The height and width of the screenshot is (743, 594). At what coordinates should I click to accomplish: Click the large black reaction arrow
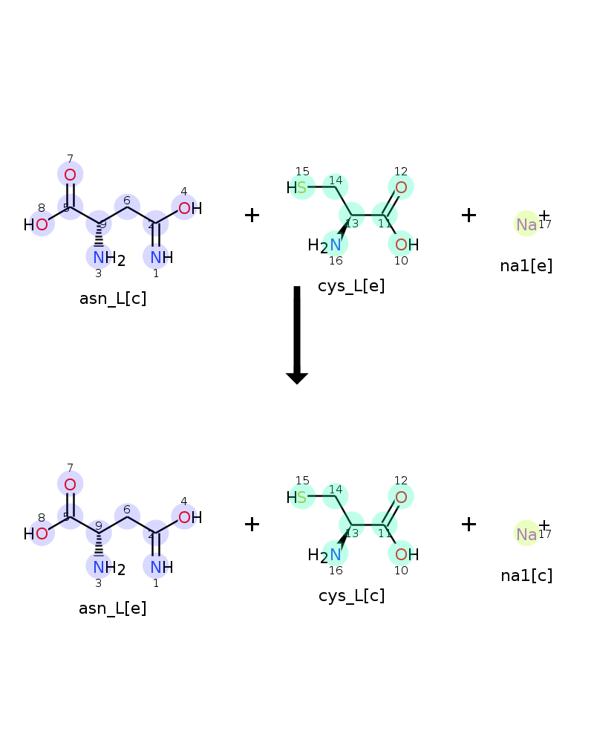coord(297,334)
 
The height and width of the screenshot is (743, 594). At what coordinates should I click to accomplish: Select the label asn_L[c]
coord(113,299)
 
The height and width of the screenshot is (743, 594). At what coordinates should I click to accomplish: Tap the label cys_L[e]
coord(351,286)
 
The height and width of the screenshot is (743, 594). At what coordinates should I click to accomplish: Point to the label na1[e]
coord(526,266)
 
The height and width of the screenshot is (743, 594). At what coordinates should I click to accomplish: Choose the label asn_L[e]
coord(113,608)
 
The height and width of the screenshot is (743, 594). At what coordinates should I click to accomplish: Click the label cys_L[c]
coord(351,596)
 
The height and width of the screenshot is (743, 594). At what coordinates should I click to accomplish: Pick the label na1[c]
coord(526,576)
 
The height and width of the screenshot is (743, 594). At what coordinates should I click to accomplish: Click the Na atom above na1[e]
coord(526,224)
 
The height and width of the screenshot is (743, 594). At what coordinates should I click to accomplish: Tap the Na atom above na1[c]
coord(526,534)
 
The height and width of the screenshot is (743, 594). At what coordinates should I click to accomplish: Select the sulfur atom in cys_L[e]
coord(301,188)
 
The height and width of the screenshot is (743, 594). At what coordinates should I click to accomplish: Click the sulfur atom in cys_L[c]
coord(301,497)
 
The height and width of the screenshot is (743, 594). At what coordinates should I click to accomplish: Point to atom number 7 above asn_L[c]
coord(70,175)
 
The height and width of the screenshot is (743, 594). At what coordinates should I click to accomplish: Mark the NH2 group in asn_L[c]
coord(109,259)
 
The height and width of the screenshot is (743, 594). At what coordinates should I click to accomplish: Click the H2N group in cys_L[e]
coord(324,245)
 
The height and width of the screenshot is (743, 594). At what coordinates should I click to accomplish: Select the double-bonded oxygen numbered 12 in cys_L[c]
coord(401,497)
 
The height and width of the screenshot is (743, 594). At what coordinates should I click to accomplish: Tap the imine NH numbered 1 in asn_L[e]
coord(162,567)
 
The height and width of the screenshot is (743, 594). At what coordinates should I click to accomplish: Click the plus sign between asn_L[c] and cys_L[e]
coord(252,215)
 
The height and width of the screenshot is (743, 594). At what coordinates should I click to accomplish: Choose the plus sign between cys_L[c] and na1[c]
coord(469,524)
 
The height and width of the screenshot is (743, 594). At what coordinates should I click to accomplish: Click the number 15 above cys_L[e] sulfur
coord(302,172)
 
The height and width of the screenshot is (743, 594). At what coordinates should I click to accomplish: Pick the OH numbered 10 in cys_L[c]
coord(407,554)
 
